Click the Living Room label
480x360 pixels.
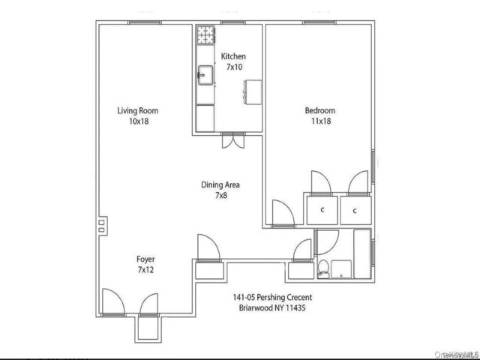pyautogui.click(x=138, y=110)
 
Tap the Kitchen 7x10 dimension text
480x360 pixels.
pyautogui.click(x=234, y=67)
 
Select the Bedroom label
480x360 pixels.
pyautogui.click(x=320, y=110)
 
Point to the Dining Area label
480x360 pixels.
pyautogui.click(x=220, y=185)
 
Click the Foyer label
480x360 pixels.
pyautogui.click(x=145, y=259)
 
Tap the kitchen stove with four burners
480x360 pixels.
pyautogui.click(x=205, y=35)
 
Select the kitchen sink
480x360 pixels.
pyautogui.click(x=205, y=75)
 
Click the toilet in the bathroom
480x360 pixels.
pyautogui.click(x=323, y=269)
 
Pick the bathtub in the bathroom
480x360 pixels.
pyautogui.click(x=362, y=253)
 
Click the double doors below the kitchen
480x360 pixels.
pyautogui.click(x=233, y=141)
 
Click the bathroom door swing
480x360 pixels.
pyautogui.click(x=327, y=242)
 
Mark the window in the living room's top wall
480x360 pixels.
pyautogui.click(x=145, y=22)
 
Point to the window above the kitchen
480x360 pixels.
pyautogui.click(x=232, y=22)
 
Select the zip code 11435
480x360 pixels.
pyautogui.click(x=295, y=307)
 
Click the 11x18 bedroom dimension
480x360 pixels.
pyautogui.click(x=321, y=121)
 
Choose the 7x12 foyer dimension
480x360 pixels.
pyautogui.click(x=145, y=270)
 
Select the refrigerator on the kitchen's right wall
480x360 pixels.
pyautogui.click(x=253, y=92)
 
